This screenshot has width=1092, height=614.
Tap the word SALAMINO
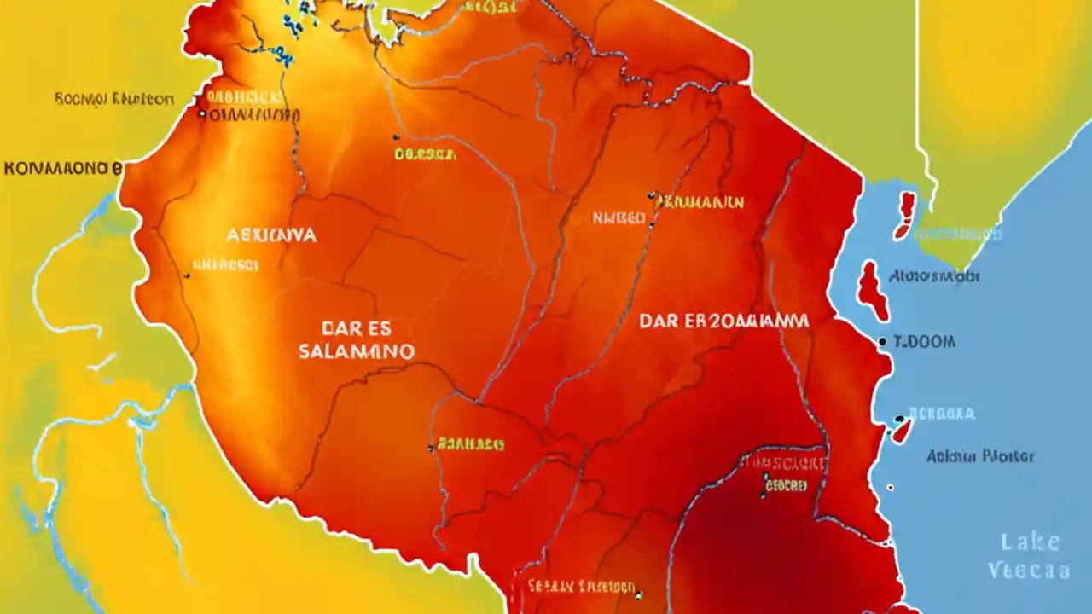pyautogui.click(x=357, y=350)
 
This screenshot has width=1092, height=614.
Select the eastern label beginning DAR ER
pyautogui.click(x=723, y=321)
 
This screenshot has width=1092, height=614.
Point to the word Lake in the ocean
pyautogui.click(x=1031, y=542)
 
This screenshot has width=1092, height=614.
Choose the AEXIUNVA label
pyautogui.click(x=271, y=235)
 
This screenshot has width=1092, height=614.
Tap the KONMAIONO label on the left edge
pyautogui.click(x=62, y=168)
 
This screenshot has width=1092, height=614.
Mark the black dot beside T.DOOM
pyautogui.click(x=882, y=341)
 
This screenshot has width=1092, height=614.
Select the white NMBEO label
pyautogui.click(x=619, y=218)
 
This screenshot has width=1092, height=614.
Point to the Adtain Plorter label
pyautogui.click(x=980, y=456)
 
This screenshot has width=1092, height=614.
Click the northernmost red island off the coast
pyautogui.click(x=905, y=214)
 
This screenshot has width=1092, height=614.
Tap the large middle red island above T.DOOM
pyautogui.click(x=872, y=291)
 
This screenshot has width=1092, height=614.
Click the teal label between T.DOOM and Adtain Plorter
pyautogui.click(x=942, y=414)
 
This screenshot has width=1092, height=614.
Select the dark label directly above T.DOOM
pyautogui.click(x=934, y=276)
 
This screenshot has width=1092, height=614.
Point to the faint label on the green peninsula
pyautogui.click(x=959, y=234)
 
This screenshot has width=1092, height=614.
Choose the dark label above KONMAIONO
pyautogui.click(x=113, y=99)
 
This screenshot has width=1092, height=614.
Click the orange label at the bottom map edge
pyautogui.click(x=581, y=587)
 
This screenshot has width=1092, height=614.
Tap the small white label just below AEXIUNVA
pyautogui.click(x=225, y=265)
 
